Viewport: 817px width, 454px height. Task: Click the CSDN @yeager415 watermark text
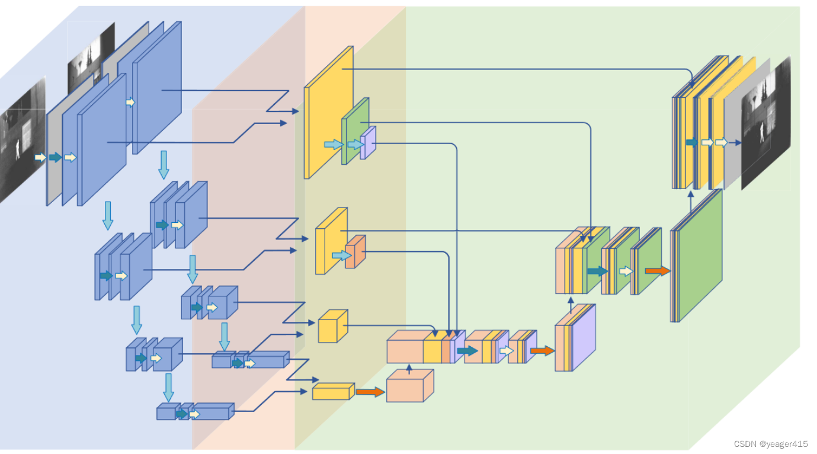(770, 444)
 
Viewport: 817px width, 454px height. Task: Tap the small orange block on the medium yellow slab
(355, 252)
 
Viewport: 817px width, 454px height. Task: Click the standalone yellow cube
(332, 327)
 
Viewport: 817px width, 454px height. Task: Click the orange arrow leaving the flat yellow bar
(370, 392)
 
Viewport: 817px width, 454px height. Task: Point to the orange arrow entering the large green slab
(657, 271)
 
